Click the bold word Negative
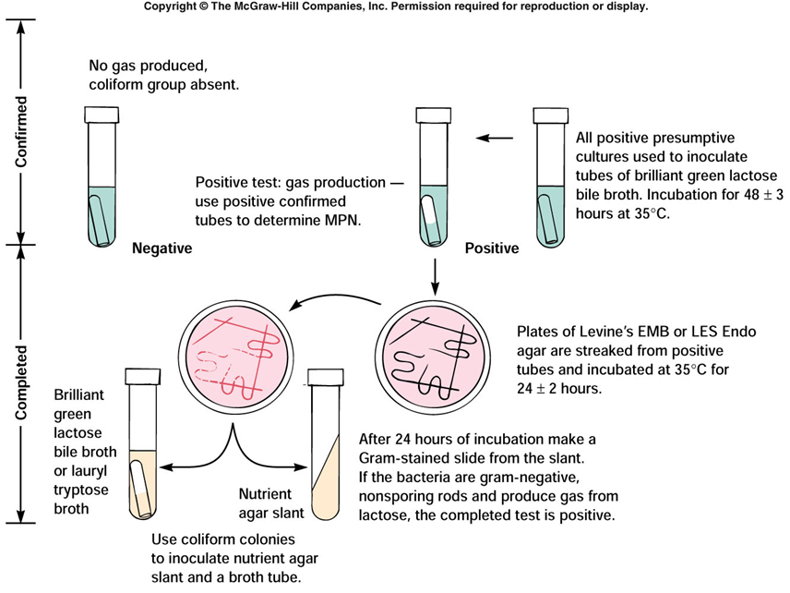click(x=162, y=248)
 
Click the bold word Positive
click(x=492, y=248)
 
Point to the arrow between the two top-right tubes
click(x=494, y=139)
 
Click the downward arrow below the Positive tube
click(x=434, y=272)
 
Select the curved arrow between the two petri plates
click(x=332, y=302)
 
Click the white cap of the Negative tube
click(x=101, y=115)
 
